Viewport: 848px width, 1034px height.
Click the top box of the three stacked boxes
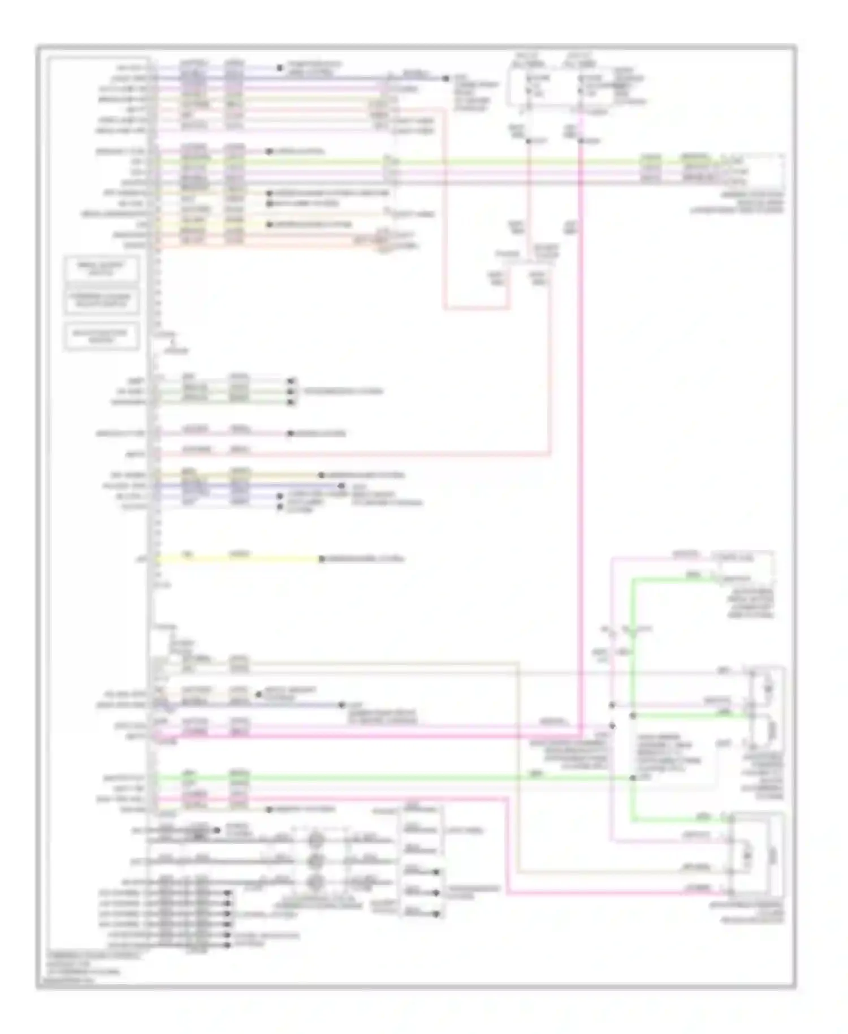(102, 269)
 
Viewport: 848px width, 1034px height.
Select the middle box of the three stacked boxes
(102, 301)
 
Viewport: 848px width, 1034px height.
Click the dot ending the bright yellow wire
(321, 559)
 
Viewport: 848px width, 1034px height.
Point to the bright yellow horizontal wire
(237, 559)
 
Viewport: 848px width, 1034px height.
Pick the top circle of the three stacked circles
(315, 841)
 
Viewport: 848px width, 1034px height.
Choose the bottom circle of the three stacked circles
(315, 882)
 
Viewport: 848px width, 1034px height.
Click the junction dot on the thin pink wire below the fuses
(528, 140)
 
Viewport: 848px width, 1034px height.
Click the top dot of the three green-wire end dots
(292, 381)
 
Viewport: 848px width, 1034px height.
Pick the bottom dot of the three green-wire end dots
(292, 402)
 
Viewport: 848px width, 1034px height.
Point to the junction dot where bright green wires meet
(633, 778)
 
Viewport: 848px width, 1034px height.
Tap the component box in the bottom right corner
(758, 855)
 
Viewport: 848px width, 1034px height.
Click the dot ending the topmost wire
(279, 68)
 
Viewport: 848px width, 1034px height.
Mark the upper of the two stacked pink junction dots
(612, 705)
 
